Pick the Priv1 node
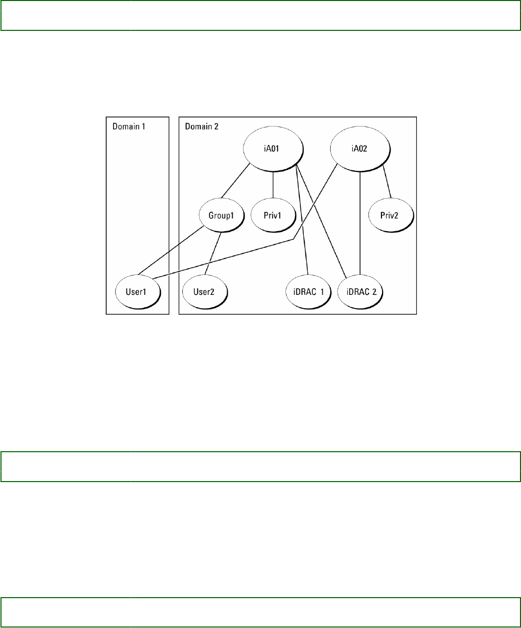[272, 215]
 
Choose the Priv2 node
[390, 215]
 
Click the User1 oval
[135, 291]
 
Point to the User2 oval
[204, 291]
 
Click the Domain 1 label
[129, 126]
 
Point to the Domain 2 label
[202, 126]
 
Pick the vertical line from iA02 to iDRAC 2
[360, 224]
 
